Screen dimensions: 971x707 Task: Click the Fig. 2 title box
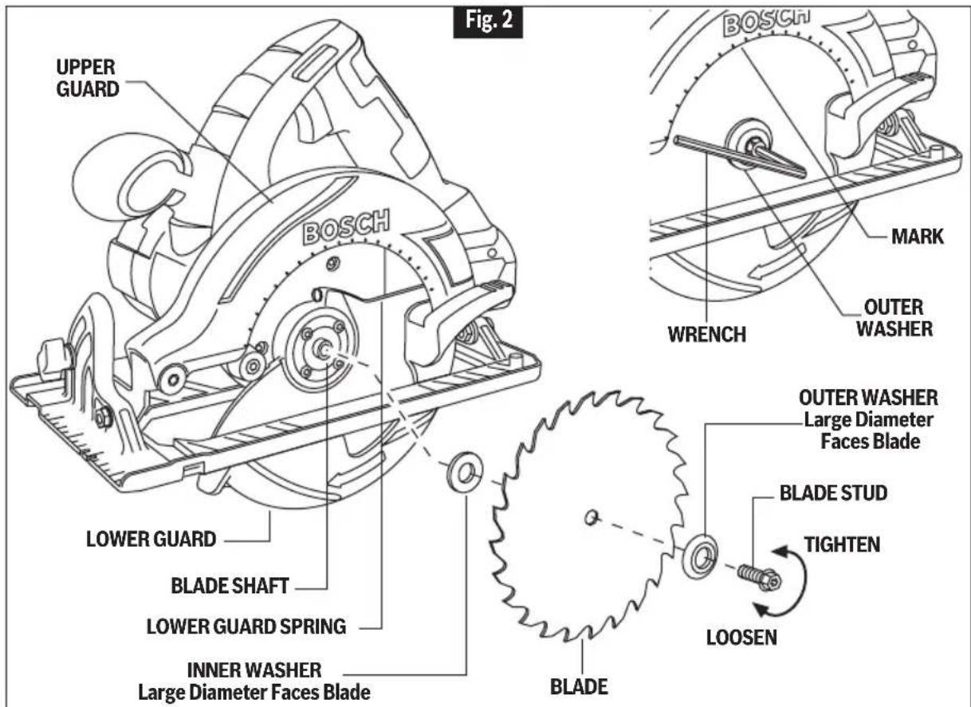488,21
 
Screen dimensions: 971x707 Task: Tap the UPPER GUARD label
88,78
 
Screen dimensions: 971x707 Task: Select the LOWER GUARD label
151,540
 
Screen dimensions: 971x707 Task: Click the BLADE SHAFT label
230,586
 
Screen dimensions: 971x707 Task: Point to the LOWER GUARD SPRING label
246,626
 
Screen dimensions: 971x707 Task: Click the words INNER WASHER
254,670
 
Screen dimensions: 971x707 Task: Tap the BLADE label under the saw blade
579,686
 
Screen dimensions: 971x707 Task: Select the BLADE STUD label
833,493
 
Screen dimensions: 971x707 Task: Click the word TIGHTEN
843,544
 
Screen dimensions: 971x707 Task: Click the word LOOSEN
741,637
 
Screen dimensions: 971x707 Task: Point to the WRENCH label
707,334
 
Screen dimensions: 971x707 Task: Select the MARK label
918,237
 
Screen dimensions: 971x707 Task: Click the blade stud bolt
760,577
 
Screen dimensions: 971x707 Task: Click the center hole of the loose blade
591,517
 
